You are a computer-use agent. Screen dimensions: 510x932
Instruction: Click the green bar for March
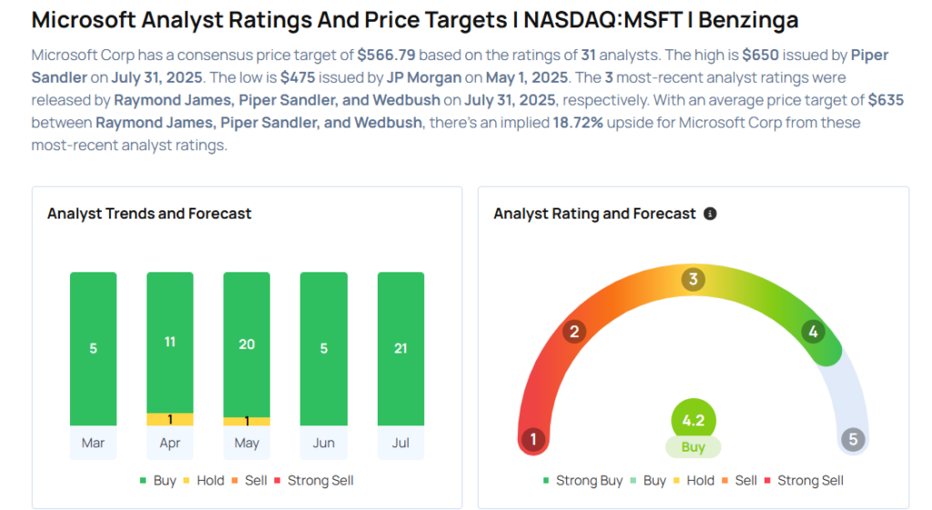click(x=93, y=348)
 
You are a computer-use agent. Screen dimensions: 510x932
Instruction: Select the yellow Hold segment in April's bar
click(x=170, y=420)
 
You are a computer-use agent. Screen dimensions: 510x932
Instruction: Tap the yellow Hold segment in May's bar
click(x=247, y=422)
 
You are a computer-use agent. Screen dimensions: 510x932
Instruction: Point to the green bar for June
click(x=323, y=348)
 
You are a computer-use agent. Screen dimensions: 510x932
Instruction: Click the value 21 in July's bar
click(x=400, y=348)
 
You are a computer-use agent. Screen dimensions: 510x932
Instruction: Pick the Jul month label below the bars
click(x=400, y=444)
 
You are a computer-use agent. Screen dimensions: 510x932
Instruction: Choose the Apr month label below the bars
click(x=170, y=444)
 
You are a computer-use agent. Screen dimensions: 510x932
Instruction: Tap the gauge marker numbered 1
click(x=533, y=441)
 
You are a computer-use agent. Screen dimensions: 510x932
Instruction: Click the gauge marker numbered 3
click(x=693, y=280)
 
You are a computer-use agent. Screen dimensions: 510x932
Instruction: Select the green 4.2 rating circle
click(x=694, y=421)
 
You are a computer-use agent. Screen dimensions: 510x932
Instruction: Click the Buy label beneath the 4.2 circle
click(x=694, y=447)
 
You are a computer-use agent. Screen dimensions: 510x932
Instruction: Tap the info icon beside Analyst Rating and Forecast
click(x=710, y=213)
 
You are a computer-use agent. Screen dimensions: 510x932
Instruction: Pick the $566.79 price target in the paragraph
click(x=388, y=55)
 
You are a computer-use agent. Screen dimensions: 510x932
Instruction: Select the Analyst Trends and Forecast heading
click(x=149, y=213)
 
